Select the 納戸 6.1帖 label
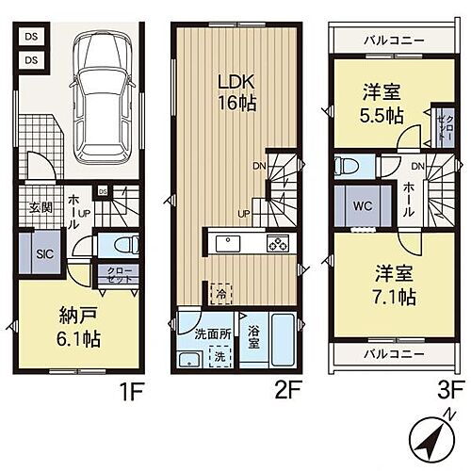pos(76,327)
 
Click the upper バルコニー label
pos(393,41)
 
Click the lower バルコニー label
pos(393,353)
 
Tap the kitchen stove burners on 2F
pos(279,244)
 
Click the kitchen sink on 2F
pos(230,244)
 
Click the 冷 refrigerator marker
pos(219,293)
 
